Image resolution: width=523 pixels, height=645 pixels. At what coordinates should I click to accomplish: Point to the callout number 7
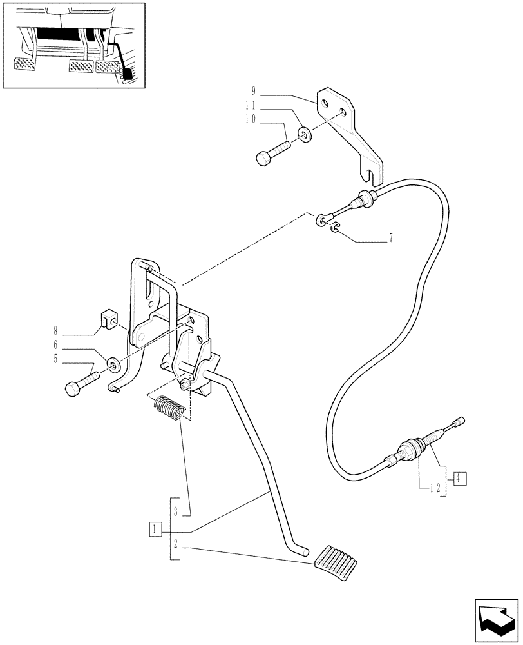tap(390, 239)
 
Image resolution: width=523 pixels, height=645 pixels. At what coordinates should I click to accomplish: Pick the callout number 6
tap(57, 345)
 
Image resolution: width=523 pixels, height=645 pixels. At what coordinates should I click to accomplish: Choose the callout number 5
tap(57, 360)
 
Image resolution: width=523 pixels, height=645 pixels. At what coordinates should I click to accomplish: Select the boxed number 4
tap(458, 478)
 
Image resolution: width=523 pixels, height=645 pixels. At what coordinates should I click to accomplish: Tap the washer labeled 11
tap(304, 134)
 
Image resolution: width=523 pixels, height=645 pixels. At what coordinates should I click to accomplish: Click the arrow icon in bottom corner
tap(495, 617)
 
